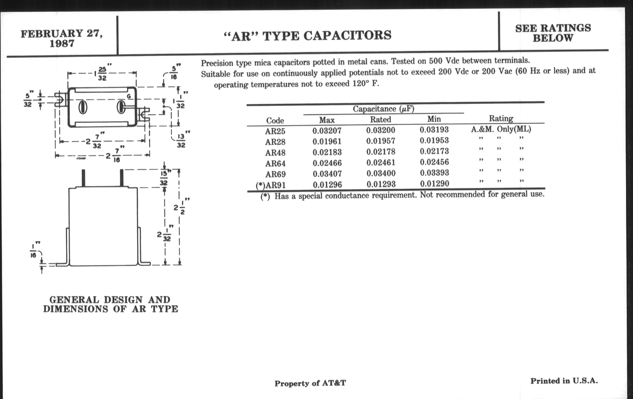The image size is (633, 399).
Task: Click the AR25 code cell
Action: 275,131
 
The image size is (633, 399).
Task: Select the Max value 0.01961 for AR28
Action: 327,141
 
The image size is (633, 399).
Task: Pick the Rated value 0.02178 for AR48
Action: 381,152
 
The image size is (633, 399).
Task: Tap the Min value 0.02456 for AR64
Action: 434,162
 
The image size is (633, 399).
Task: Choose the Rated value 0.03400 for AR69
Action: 381,173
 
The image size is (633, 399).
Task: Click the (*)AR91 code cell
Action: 270,185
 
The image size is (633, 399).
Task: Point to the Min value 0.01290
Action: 434,184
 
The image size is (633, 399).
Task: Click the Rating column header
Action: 501,118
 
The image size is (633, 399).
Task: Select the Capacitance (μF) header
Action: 383,109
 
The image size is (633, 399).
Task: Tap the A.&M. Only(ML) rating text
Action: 501,129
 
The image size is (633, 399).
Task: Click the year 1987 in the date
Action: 62,44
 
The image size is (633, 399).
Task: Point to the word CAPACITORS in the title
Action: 347,35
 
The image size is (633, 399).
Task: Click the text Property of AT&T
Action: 310,383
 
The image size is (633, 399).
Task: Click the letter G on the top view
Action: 129,96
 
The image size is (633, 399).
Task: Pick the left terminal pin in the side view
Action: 83,178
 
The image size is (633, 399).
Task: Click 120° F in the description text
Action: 366,84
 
